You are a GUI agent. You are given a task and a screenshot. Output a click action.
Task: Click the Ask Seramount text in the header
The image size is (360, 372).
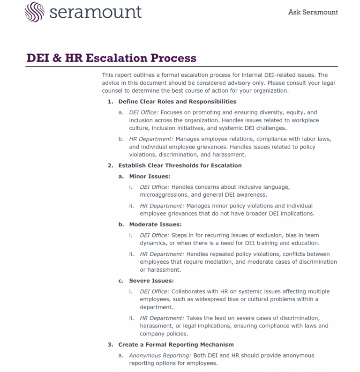[313, 12]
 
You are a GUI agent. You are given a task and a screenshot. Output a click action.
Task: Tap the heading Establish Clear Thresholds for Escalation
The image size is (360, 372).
[180, 165]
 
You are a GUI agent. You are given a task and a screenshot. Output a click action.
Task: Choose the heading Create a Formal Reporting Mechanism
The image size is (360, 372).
[176, 345]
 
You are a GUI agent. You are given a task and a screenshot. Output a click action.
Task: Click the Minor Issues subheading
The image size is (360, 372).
[150, 176]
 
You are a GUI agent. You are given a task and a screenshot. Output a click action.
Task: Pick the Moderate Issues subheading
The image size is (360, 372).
[155, 224]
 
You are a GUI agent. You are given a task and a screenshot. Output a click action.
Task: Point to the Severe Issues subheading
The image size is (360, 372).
[151, 281]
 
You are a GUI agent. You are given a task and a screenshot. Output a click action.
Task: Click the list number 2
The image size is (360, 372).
[110, 165]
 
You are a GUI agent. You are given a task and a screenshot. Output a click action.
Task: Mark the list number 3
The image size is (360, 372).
[110, 345]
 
